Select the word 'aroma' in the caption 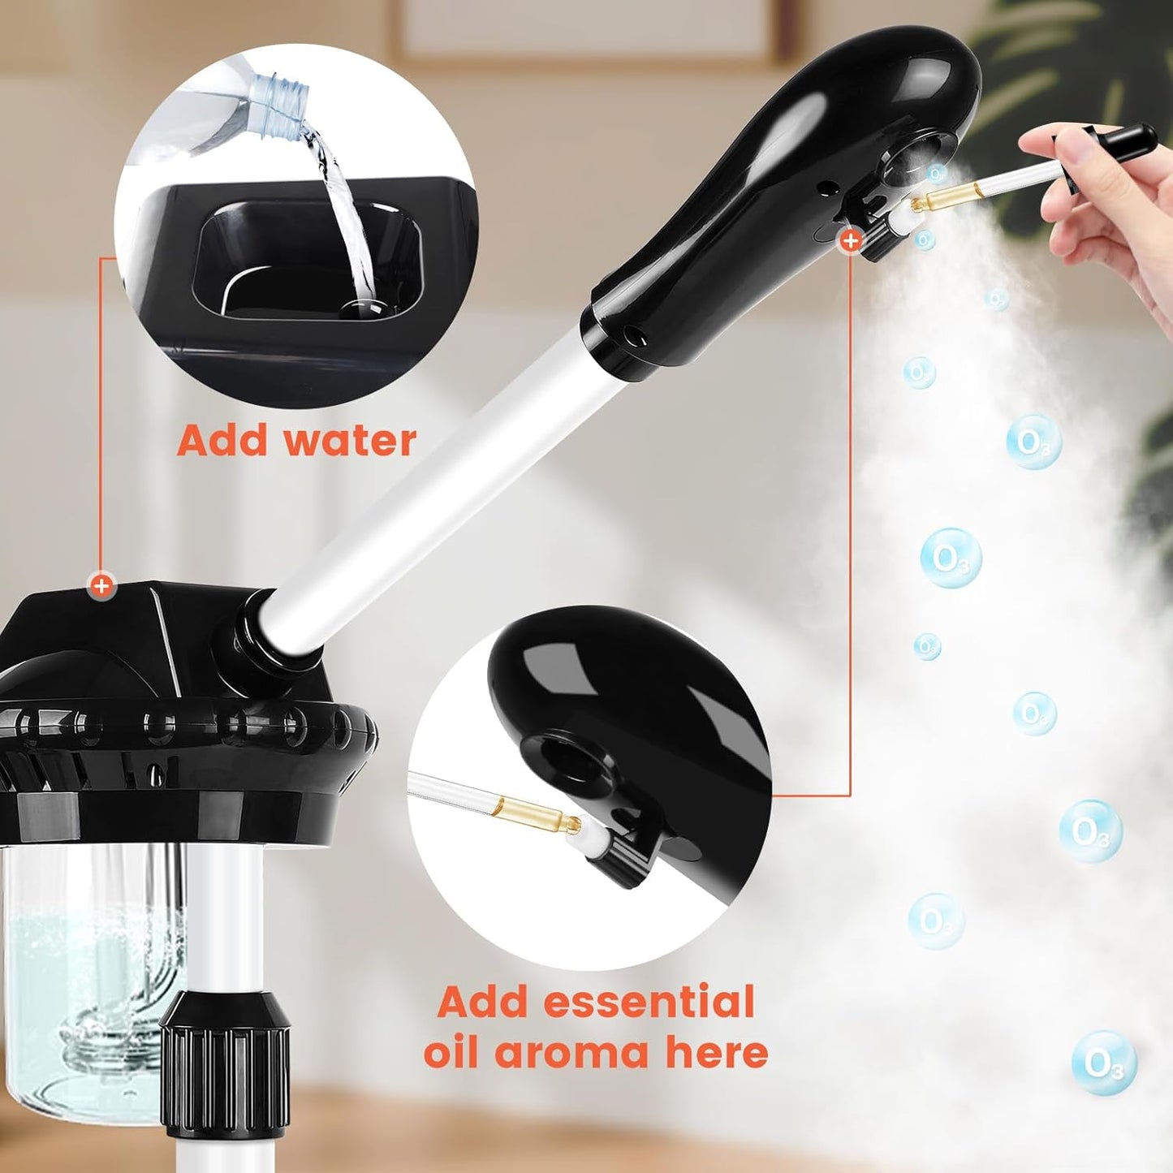pyautogui.click(x=572, y=1053)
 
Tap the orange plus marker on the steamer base pyautogui.click(x=101, y=585)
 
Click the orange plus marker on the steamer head pyautogui.click(x=851, y=240)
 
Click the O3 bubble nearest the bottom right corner pyautogui.click(x=1104, y=1063)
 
